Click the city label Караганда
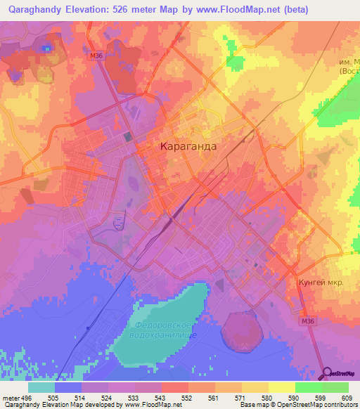[x=188, y=148]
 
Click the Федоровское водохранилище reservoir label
[x=162, y=330]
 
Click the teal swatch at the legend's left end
[x=41, y=386]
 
